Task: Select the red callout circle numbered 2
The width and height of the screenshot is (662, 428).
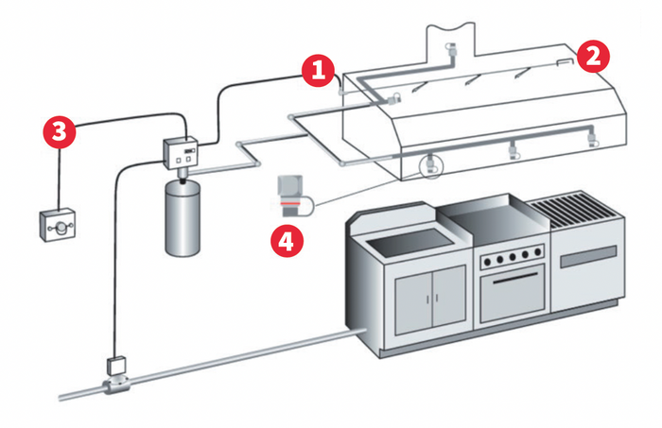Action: pos(593,56)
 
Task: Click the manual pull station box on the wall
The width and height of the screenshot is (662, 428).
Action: pos(59,226)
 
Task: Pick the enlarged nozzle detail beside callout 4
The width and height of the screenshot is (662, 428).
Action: pos(291,195)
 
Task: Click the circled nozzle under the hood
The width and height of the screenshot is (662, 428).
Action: pos(431,164)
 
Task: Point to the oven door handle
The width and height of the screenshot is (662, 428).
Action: pos(512,279)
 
